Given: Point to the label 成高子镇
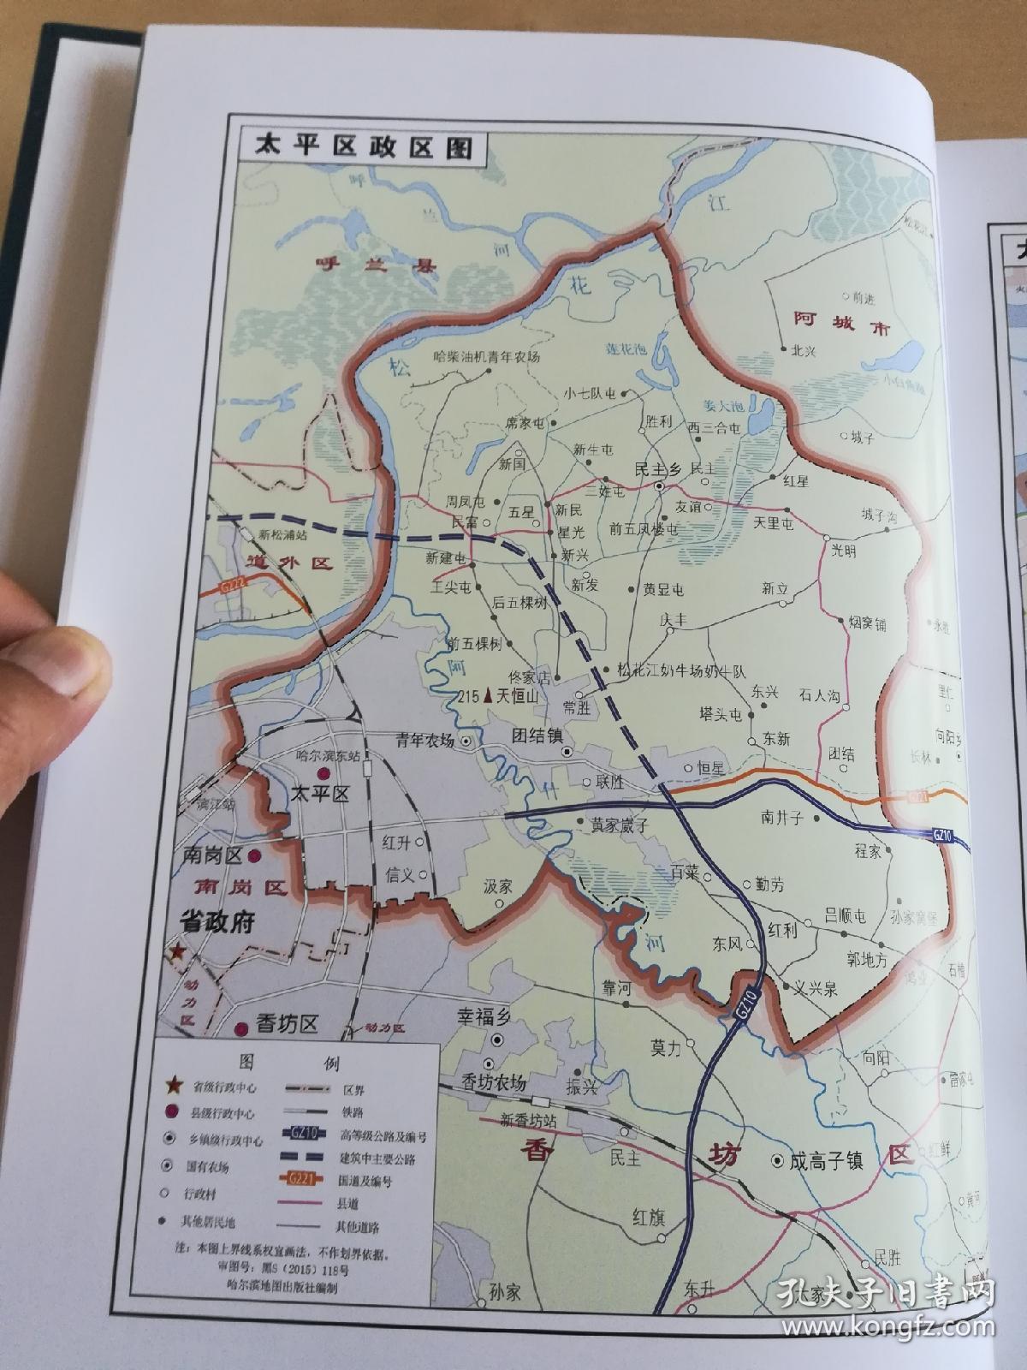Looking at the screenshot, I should pyautogui.click(x=827, y=1161).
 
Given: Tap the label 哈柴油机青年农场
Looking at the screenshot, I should pyautogui.click(x=487, y=357).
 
